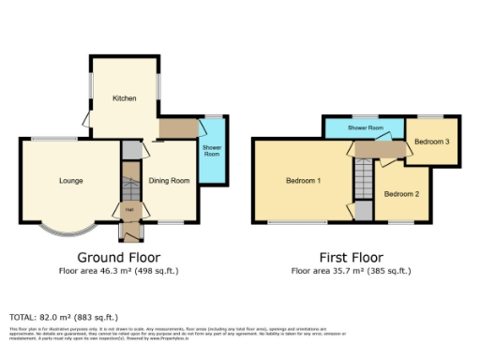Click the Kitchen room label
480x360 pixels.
pos(125,98)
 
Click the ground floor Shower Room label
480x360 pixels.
pos(213,150)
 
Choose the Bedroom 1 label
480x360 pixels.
pos(305,180)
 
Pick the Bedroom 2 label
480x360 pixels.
pos(400,193)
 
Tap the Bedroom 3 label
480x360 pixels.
pos(433,142)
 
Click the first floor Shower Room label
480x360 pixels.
pos(365,127)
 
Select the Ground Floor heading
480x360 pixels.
pos(118,257)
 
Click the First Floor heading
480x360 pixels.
pos(351,257)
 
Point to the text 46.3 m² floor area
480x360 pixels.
pos(118,271)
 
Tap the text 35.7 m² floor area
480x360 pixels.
pos(351,271)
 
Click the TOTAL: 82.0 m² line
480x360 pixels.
pos(64,317)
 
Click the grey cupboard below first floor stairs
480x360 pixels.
pos(362,210)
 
